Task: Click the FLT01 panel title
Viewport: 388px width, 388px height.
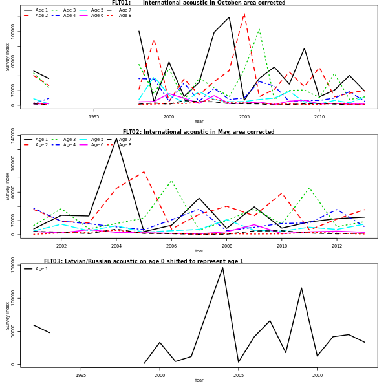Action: tap(199, 3)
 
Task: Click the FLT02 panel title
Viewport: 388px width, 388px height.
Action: tap(199, 132)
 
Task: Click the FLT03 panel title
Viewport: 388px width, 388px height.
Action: tap(144, 261)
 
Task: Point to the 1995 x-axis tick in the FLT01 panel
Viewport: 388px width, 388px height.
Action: tap(94, 116)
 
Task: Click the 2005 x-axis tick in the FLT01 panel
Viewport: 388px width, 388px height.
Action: tap(244, 116)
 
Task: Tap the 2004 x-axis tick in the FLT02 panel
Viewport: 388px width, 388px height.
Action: tap(116, 246)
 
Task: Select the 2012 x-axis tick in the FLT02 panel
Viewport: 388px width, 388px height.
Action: tap(337, 246)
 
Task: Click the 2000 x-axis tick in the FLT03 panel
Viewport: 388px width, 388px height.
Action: tap(160, 375)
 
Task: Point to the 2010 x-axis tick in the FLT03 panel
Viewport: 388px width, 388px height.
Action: tap(317, 375)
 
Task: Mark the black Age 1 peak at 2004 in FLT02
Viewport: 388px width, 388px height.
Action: tap(116, 138)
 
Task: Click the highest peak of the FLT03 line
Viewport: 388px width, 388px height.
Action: tap(222, 267)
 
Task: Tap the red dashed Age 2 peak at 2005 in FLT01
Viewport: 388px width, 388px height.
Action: tap(244, 14)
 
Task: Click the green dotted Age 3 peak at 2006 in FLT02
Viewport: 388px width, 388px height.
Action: tap(171, 180)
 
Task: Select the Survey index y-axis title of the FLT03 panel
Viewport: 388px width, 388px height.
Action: tap(8, 315)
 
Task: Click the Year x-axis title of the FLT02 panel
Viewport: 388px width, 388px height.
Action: tap(199, 251)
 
